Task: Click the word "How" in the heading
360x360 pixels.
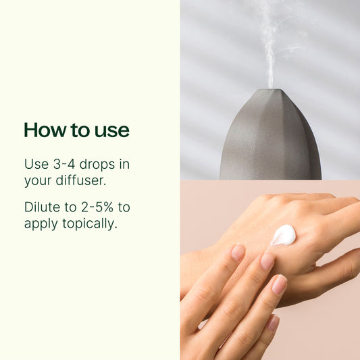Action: coord(42,130)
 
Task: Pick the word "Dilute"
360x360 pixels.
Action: coord(42,207)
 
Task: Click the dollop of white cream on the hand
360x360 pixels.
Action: coord(284,235)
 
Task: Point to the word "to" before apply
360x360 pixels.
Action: coord(124,207)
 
